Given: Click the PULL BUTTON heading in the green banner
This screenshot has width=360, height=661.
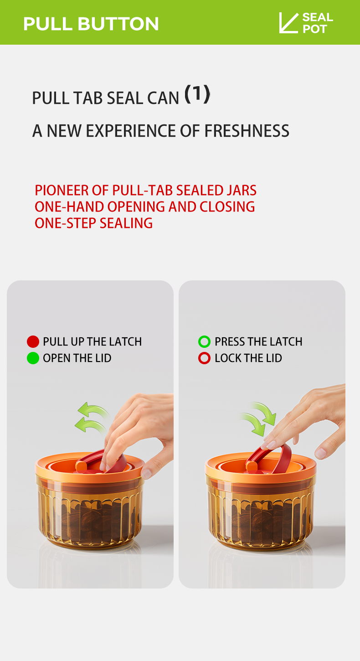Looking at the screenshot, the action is coord(91,24).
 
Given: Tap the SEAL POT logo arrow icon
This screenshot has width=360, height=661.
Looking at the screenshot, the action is coord(288,23).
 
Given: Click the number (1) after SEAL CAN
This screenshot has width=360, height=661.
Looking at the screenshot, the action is coord(197,94).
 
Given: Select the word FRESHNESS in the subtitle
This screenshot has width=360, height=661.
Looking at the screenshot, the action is coord(247,131).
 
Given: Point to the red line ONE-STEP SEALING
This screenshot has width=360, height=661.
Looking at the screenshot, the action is coord(93,223).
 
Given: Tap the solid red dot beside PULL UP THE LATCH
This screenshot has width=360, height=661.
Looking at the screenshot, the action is coord(33,341).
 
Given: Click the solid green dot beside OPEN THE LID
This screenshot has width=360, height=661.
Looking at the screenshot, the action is coord(33,358).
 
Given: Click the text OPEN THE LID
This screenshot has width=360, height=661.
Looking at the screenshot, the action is coord(77,358).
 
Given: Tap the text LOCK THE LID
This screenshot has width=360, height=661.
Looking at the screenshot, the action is coord(248,358).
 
